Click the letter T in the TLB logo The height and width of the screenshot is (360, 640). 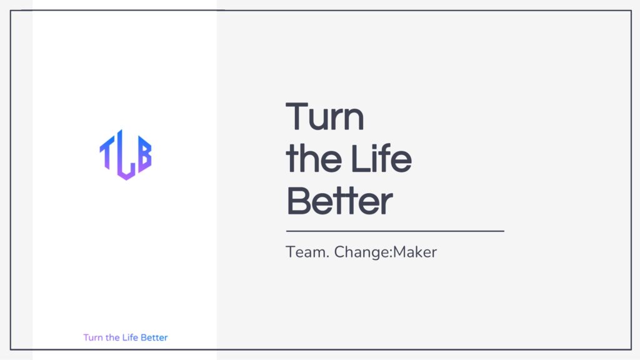(x=107, y=152)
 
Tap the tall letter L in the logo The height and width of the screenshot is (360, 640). (x=125, y=155)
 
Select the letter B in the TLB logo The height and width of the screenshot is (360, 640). (x=144, y=154)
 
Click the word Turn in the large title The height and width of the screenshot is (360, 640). (x=324, y=117)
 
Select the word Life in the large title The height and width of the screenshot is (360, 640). (x=381, y=158)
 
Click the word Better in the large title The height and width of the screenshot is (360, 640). (x=339, y=201)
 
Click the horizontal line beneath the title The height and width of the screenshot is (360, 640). (x=395, y=231)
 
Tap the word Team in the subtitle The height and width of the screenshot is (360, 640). (x=304, y=252)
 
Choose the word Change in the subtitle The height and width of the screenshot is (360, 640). (x=362, y=252)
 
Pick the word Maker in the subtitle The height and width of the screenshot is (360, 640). (x=415, y=252)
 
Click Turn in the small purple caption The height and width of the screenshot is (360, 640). (x=93, y=337)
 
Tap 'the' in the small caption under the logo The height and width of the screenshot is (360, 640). (x=112, y=337)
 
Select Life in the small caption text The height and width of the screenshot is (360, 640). (x=130, y=337)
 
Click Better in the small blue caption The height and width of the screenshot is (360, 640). (x=154, y=337)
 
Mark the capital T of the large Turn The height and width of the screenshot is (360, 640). (x=297, y=117)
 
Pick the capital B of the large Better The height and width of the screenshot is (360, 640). (x=299, y=201)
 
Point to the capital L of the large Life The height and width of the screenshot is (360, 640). (x=360, y=158)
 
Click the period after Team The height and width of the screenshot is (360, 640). (x=327, y=257)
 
